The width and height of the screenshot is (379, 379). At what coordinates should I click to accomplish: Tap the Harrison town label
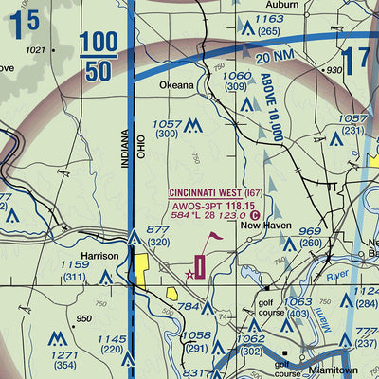click(x=98, y=257)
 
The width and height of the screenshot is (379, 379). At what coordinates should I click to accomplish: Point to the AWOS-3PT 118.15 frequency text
click(x=212, y=204)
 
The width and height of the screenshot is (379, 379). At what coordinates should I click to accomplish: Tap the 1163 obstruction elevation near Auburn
click(x=268, y=19)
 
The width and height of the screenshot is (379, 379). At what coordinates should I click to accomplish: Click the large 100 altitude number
click(x=99, y=43)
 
